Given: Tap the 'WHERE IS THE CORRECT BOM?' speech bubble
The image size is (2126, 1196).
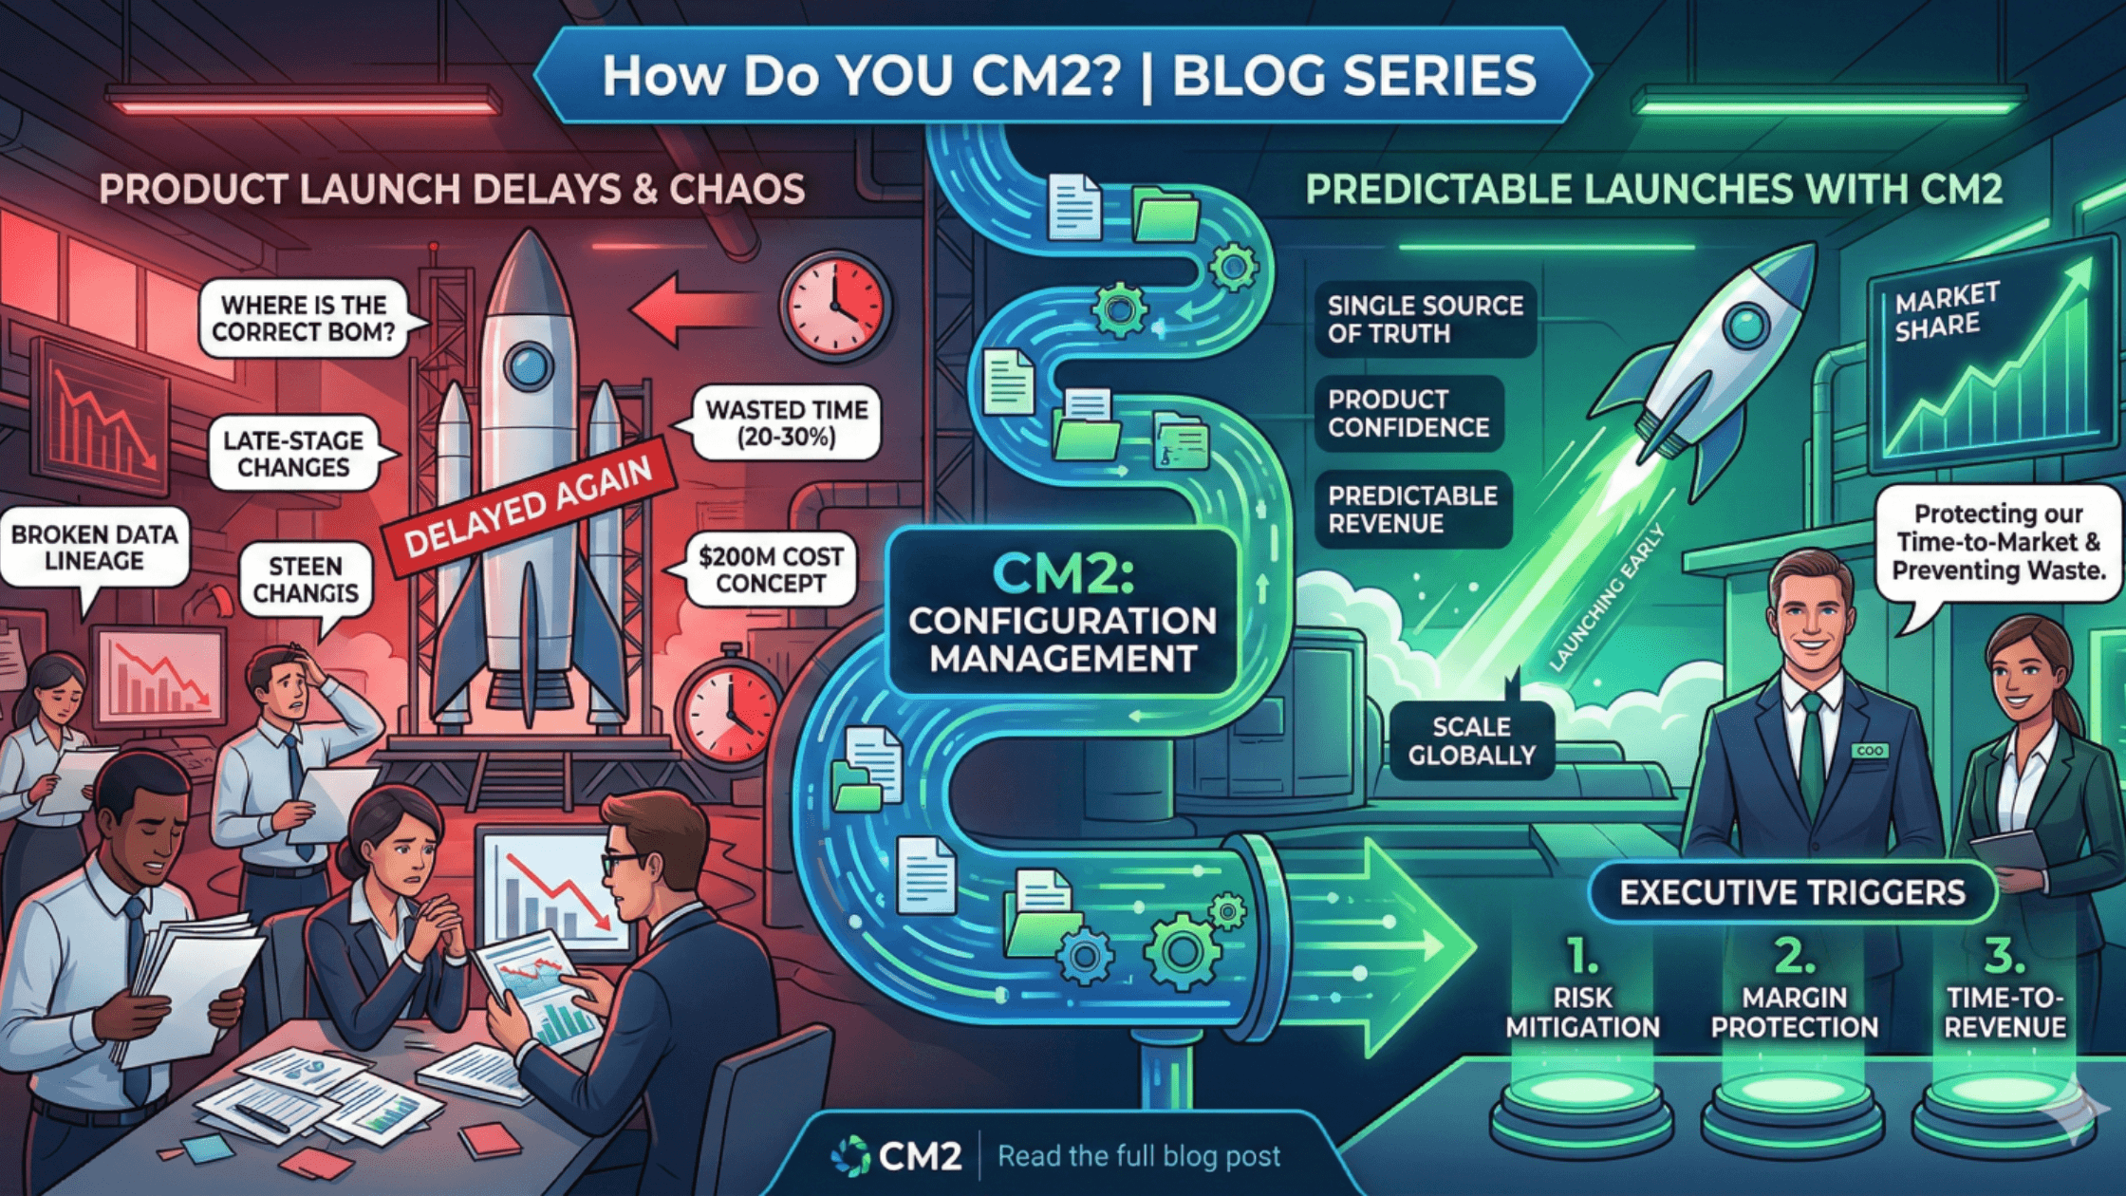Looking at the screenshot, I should click(x=303, y=318).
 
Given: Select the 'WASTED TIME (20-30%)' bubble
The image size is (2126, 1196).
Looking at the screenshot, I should click(x=786, y=423).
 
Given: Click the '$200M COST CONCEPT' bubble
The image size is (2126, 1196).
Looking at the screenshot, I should click(x=771, y=570).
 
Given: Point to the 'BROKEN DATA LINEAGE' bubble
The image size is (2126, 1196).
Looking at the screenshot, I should click(x=94, y=548).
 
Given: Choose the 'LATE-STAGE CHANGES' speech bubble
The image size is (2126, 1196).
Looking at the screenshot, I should click(x=293, y=454).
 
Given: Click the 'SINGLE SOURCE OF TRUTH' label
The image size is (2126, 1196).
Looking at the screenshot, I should click(x=1424, y=319).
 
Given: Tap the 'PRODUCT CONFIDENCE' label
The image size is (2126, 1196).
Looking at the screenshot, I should click(x=1408, y=413).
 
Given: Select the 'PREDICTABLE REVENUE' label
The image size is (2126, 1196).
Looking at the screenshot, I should click(x=1412, y=509).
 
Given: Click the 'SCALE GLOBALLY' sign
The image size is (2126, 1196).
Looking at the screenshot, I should click(x=1471, y=740).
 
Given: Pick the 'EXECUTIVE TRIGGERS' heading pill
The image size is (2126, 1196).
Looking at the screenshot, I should click(x=1792, y=892).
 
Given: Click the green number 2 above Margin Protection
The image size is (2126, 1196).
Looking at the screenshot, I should click(x=1794, y=956).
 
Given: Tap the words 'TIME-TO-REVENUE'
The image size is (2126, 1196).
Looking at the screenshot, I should click(x=2005, y=1012).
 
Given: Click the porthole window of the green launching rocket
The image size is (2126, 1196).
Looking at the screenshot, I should click(x=1744, y=326).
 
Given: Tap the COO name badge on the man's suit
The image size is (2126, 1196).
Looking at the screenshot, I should click(x=1869, y=751).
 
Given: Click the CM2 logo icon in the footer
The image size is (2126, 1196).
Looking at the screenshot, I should click(x=849, y=1155).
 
